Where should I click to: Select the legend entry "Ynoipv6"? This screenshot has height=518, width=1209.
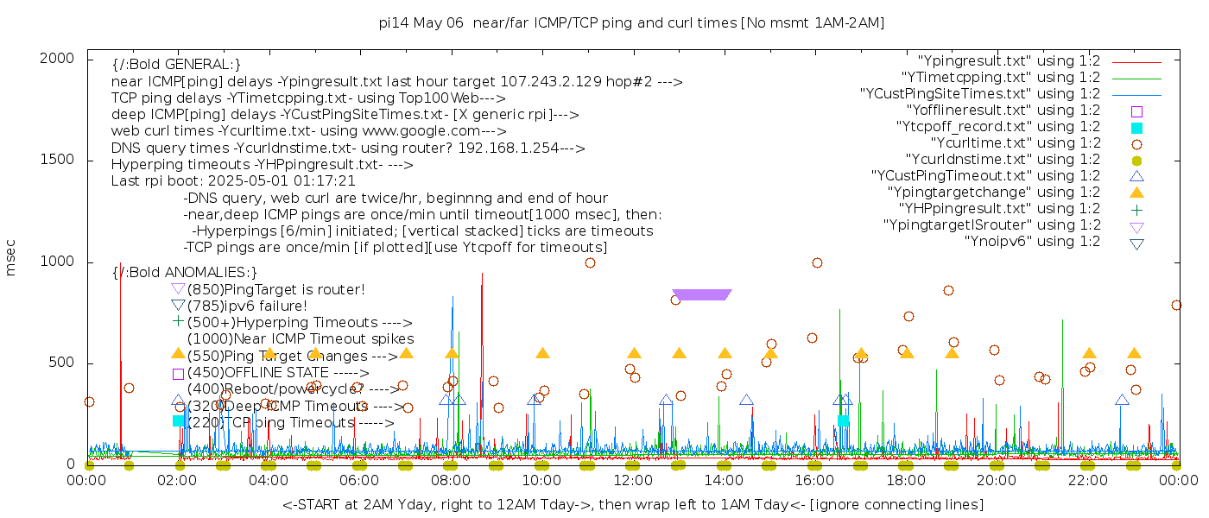(x=1032, y=242)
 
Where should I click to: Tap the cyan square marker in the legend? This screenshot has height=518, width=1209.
(x=1136, y=128)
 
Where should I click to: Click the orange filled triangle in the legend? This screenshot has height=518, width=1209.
(x=1136, y=193)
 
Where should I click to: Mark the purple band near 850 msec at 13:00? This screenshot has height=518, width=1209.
(x=701, y=294)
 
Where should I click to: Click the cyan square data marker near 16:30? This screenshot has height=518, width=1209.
(x=843, y=420)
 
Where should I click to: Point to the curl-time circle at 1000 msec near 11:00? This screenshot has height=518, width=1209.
(x=590, y=262)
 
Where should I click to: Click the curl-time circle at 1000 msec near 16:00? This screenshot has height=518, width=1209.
(x=817, y=262)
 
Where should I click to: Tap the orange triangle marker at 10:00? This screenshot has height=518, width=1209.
(x=542, y=353)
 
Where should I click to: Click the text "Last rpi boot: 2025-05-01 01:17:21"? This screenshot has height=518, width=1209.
(x=233, y=181)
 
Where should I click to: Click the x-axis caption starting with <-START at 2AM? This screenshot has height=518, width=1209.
(x=632, y=504)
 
